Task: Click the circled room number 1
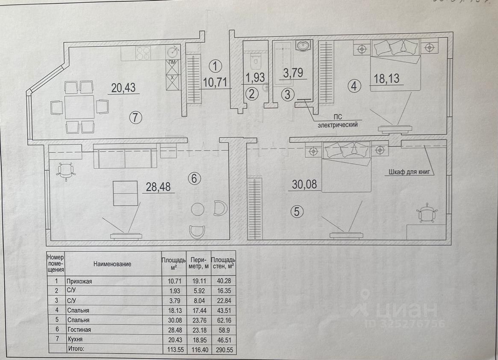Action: (x=216, y=66)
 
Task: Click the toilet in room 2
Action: (x=255, y=61)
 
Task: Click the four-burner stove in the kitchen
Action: (x=144, y=53)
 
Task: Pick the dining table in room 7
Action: (x=80, y=106)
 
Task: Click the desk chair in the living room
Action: (x=65, y=171)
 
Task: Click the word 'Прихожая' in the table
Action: (x=80, y=281)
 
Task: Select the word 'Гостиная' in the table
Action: (x=79, y=330)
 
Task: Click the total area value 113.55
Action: (x=173, y=349)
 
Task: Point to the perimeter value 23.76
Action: (x=198, y=320)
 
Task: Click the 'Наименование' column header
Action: (x=112, y=264)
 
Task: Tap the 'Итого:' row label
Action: (x=77, y=349)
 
